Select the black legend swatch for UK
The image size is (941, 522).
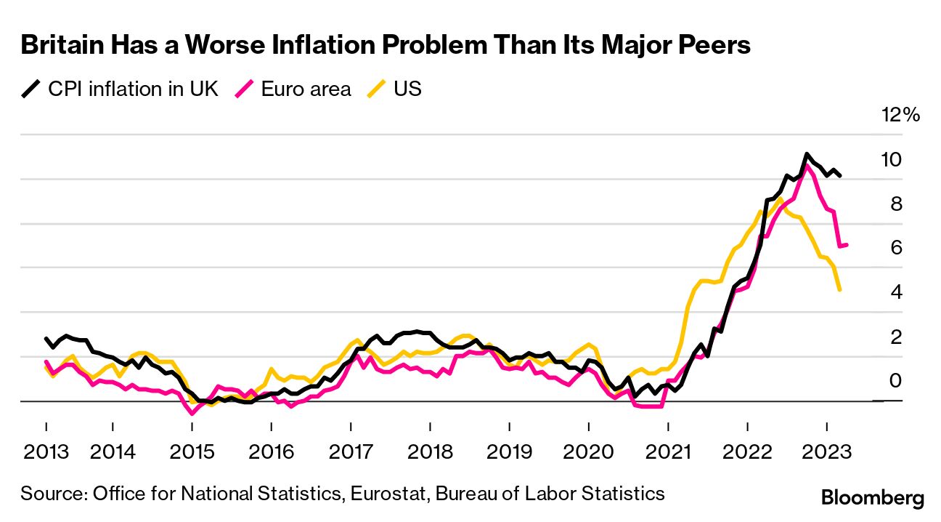pos(31,89)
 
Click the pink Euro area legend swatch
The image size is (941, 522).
pos(245,89)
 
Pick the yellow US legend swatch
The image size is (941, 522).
pos(377,89)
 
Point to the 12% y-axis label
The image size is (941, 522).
pos(900,115)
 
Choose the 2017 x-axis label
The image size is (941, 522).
pos(351,451)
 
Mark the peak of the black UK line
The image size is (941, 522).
pos(806,154)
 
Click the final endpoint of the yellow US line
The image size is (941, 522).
pos(840,290)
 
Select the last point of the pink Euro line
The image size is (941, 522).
pos(847,245)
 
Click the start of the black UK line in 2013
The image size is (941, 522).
pos(46,339)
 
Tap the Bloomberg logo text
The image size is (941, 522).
pos(872,498)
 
